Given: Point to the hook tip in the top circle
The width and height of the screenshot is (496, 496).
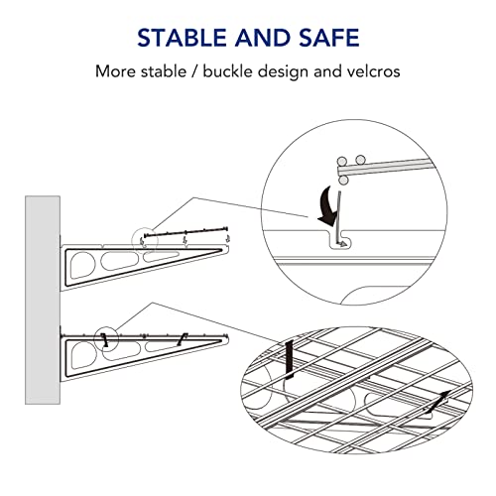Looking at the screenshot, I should coord(340,241).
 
